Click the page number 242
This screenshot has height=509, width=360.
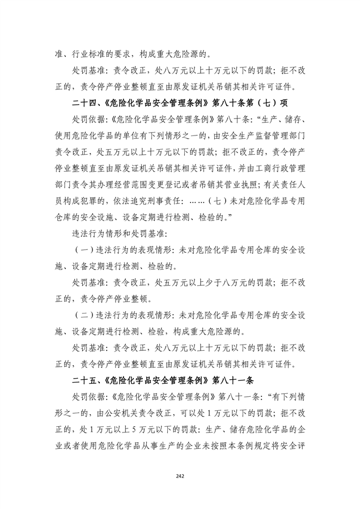[x=180, y=476]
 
